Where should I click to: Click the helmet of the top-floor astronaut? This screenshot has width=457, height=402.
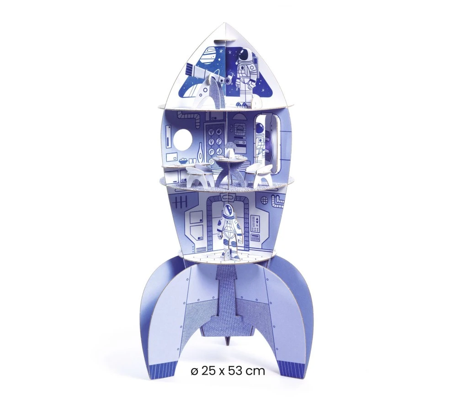[246, 55]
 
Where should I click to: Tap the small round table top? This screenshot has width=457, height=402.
[229, 159]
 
